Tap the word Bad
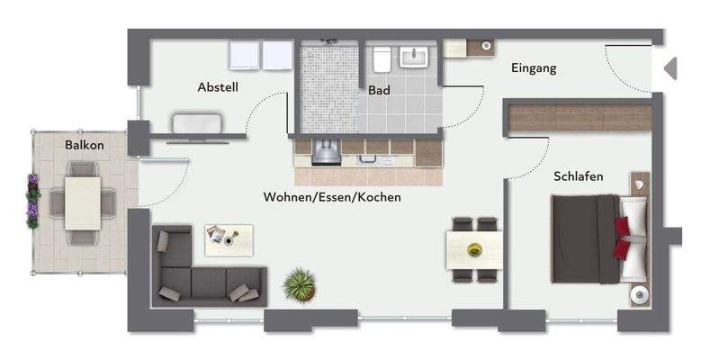[x=379, y=90]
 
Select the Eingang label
[x=534, y=67]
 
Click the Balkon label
[x=85, y=145]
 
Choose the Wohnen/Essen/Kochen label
[x=332, y=197]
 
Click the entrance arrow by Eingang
[x=670, y=68]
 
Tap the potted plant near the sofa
[x=298, y=285]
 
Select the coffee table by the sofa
[x=229, y=237]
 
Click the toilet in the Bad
[x=381, y=59]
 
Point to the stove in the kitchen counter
[x=326, y=153]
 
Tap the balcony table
[x=84, y=202]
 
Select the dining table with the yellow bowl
[x=473, y=247]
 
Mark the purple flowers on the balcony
[x=33, y=200]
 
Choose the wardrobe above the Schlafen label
[x=580, y=117]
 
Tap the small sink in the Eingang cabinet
[x=485, y=44]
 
